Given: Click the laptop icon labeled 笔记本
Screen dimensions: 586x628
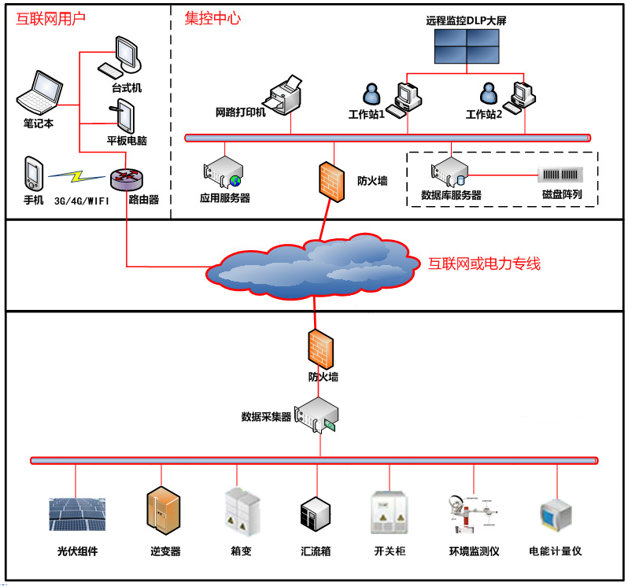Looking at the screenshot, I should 37,92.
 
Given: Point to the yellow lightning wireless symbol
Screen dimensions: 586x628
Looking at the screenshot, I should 78,175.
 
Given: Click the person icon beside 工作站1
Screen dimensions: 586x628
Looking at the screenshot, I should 371,94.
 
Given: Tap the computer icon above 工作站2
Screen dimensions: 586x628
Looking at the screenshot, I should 522,95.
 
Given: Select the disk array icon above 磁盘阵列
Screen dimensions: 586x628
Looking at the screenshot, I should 560,175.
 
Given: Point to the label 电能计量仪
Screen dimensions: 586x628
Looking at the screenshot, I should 555,551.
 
